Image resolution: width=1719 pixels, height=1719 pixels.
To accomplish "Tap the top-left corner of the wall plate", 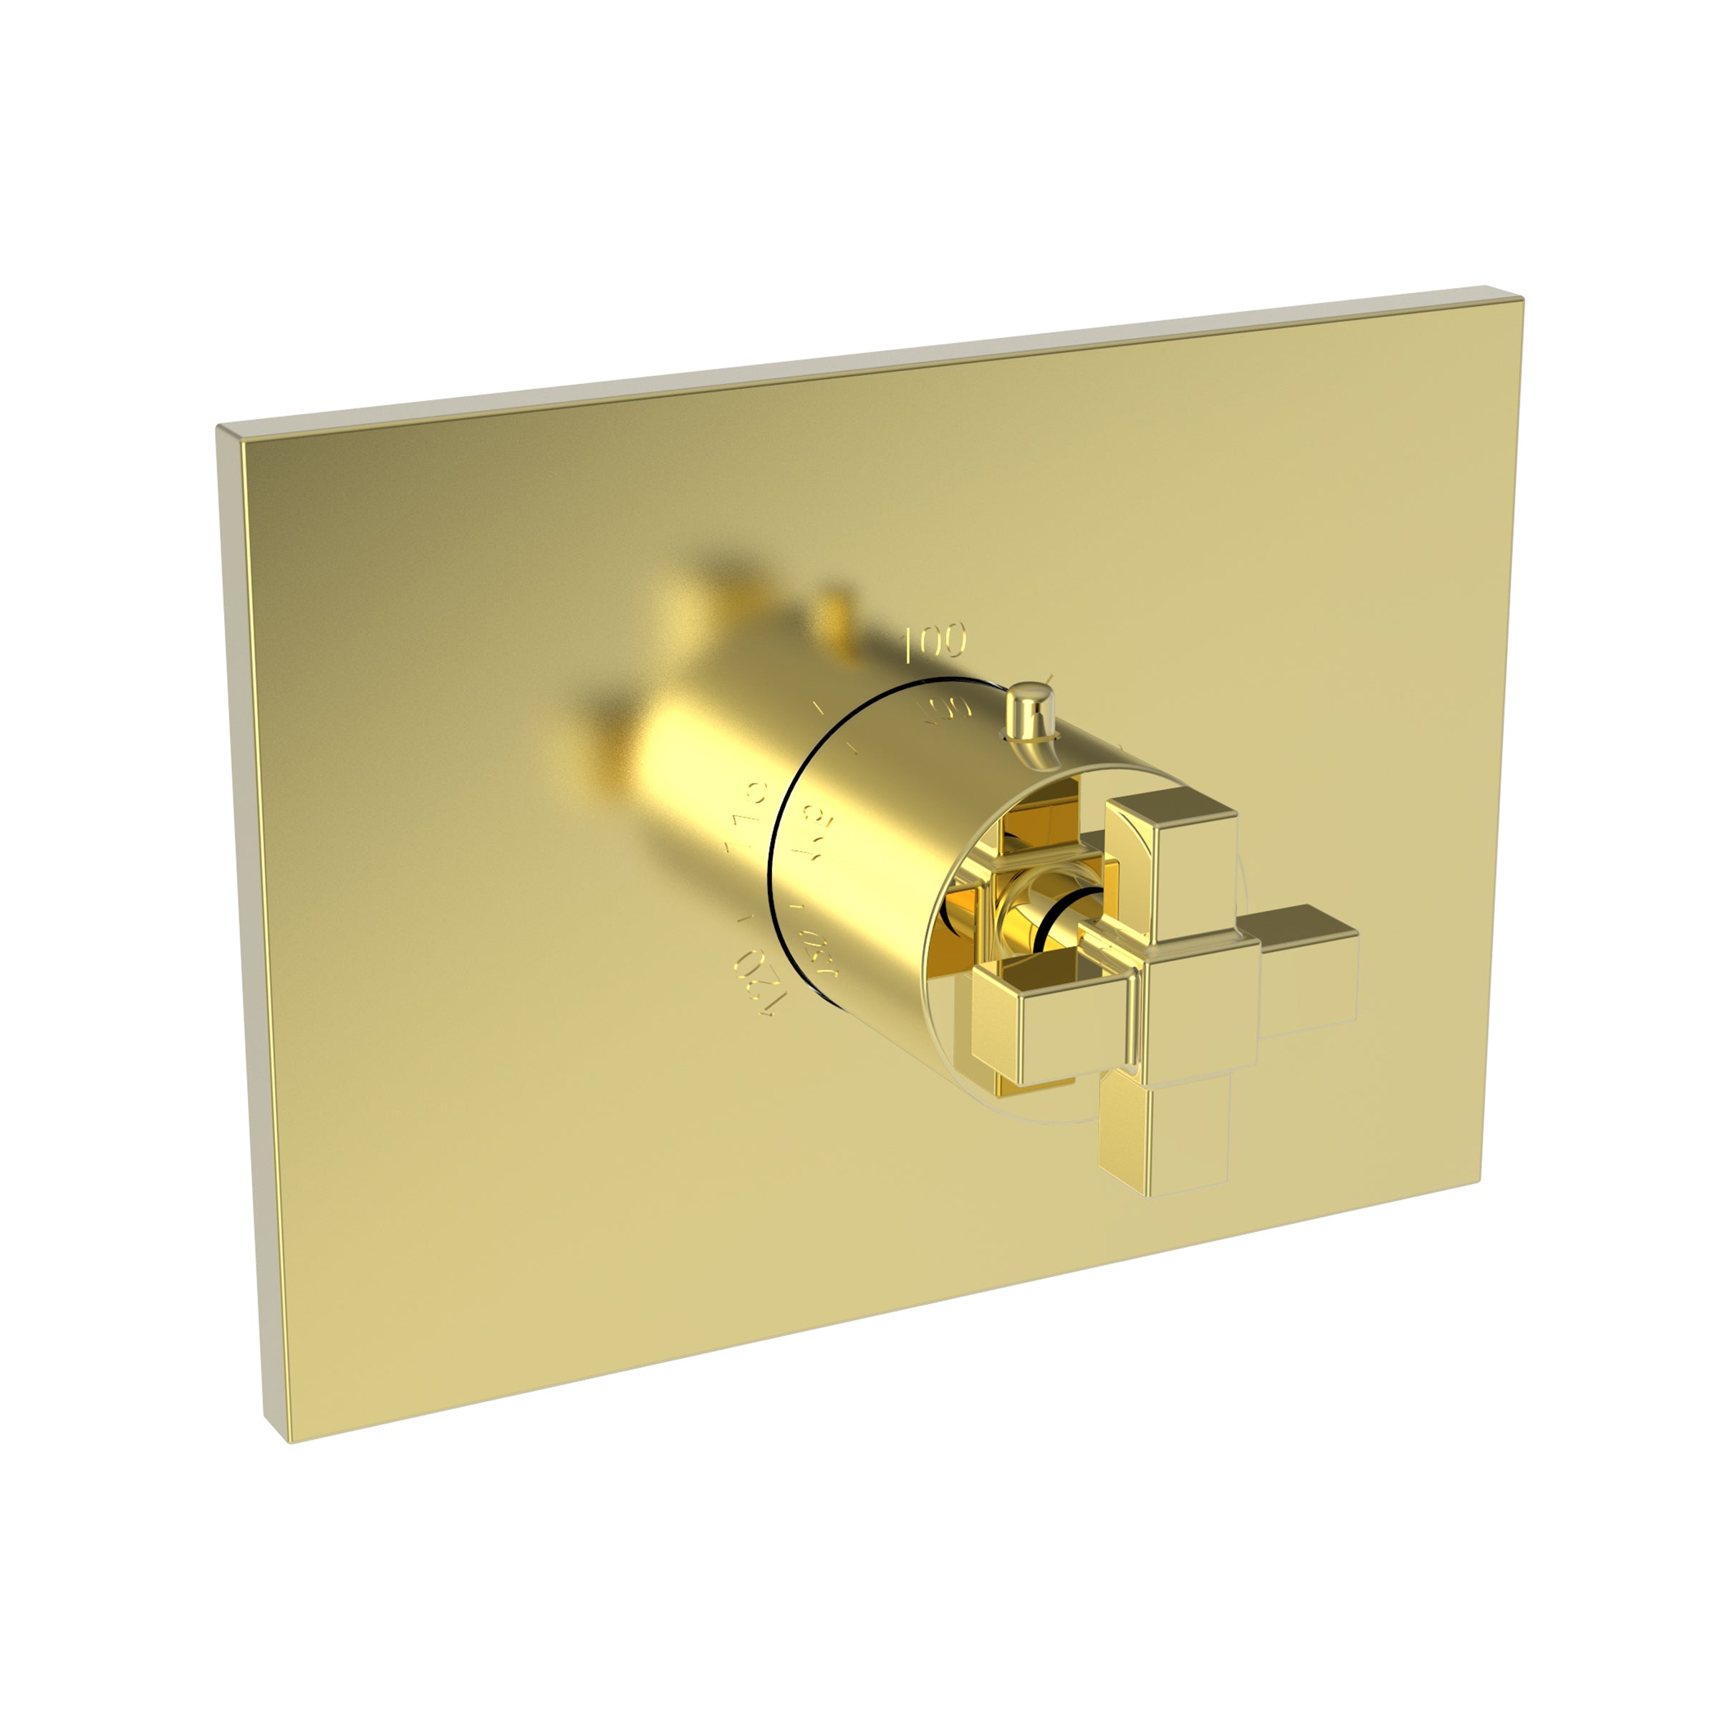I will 223,429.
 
